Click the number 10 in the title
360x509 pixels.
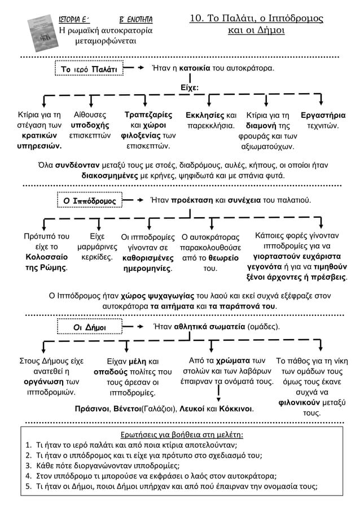click(x=197, y=19)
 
